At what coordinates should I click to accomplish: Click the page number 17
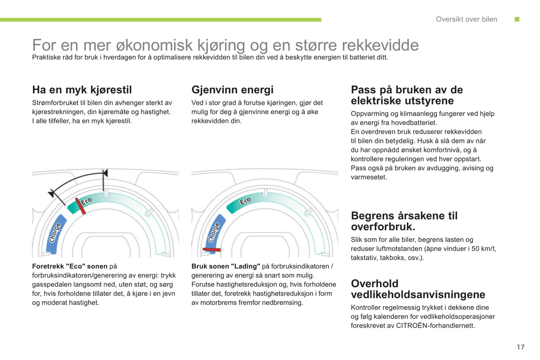point(521,347)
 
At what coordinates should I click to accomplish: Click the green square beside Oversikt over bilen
point(517,19)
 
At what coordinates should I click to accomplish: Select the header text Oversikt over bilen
point(466,19)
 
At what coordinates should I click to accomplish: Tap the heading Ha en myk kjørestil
point(82,90)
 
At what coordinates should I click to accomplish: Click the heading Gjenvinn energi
point(232,90)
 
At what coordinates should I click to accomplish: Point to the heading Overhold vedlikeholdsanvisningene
point(418,289)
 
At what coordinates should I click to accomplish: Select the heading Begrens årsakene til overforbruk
point(404,221)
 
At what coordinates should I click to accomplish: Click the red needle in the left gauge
point(80,206)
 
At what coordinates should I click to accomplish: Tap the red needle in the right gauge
point(212,249)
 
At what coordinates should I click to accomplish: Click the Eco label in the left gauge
point(86,201)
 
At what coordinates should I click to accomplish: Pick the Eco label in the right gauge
point(245,201)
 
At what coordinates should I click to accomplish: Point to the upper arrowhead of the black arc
point(105,173)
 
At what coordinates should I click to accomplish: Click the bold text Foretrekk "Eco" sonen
point(70,266)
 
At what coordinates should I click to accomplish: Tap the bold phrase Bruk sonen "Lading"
point(226,266)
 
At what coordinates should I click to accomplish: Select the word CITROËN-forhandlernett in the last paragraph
point(435,326)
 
